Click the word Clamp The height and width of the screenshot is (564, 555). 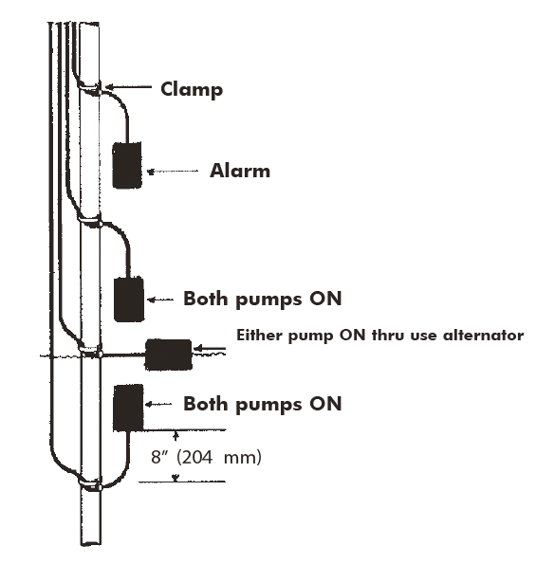click(x=192, y=90)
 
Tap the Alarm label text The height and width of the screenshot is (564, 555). click(x=240, y=172)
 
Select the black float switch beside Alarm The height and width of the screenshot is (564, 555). click(x=127, y=165)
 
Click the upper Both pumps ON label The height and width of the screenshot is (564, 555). click(x=262, y=299)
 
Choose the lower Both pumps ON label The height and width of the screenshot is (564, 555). click(x=262, y=404)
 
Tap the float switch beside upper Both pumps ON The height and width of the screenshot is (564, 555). click(x=128, y=300)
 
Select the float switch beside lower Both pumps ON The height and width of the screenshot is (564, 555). click(x=128, y=406)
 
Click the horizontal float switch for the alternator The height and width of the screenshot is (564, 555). click(x=167, y=354)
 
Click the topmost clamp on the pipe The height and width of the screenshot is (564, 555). click(x=91, y=88)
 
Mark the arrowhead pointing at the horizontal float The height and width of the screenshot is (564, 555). click(x=197, y=352)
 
